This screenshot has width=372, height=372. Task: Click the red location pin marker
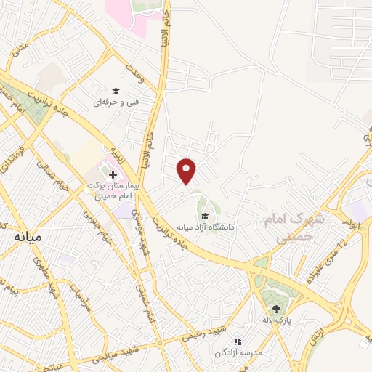point(187,171)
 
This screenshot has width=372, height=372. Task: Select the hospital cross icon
point(113,174)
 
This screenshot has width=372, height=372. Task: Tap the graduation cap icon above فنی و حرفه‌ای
point(115,92)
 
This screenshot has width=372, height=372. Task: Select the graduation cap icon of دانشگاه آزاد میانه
point(206,216)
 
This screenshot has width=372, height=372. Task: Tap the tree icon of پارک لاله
point(275,294)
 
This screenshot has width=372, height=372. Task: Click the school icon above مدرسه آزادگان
point(236,341)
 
